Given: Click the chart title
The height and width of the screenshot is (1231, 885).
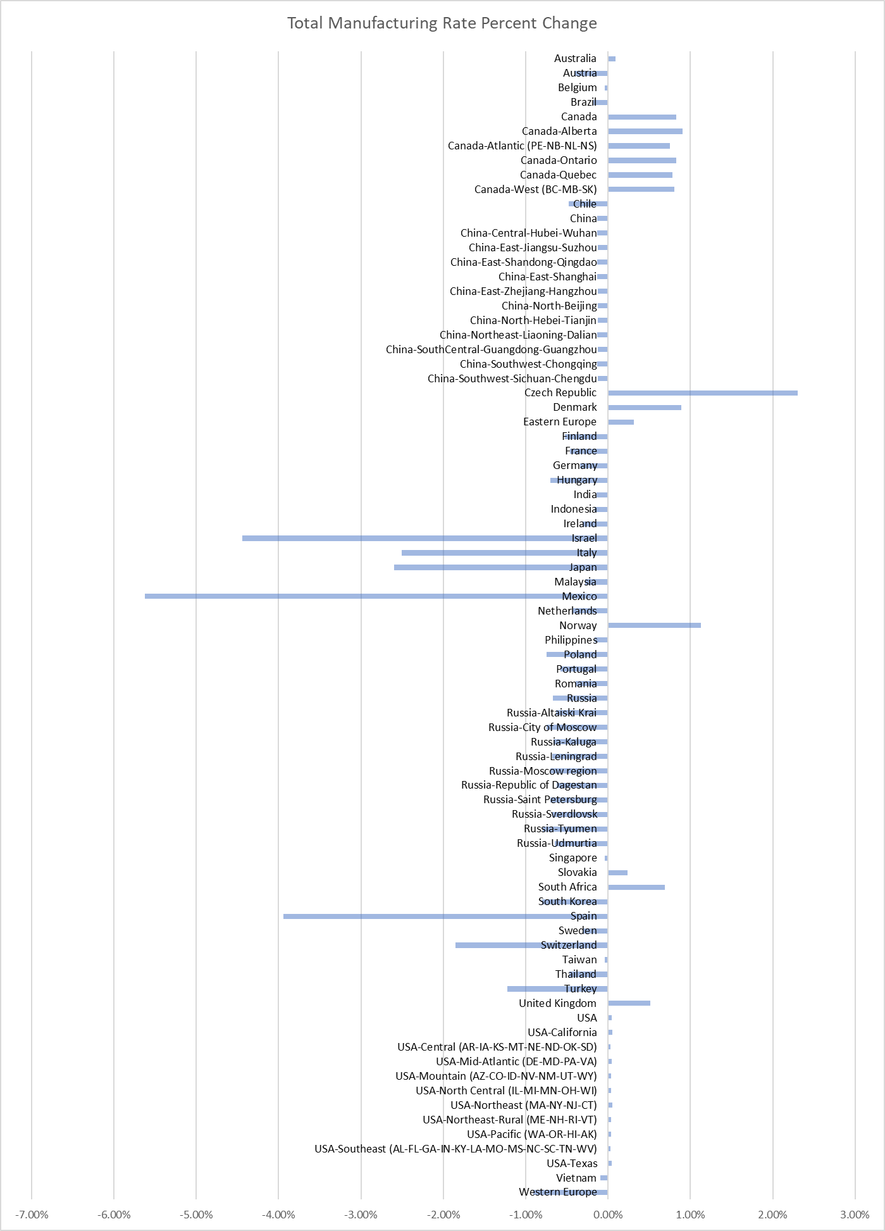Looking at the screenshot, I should coord(442,23).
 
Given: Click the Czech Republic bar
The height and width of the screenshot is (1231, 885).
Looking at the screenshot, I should coord(702,393).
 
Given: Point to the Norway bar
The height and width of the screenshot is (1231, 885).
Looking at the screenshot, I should coord(654,625).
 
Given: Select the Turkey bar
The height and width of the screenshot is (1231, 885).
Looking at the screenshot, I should coord(538,989).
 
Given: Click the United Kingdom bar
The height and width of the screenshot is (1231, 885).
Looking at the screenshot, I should coord(629,1003).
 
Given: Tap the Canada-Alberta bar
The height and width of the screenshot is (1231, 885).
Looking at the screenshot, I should coord(645,131).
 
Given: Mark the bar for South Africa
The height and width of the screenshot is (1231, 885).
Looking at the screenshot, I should coord(636,887).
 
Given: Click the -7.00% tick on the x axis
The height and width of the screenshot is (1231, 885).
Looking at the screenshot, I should coord(32,1215).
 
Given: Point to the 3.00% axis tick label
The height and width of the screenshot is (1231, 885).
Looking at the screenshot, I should coord(855,1215).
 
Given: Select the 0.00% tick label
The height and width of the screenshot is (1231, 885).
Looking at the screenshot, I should coord(608,1215).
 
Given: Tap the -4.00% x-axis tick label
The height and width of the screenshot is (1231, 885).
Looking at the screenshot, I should coord(278,1215).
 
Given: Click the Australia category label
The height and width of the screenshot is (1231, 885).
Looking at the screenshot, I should coord(575,58).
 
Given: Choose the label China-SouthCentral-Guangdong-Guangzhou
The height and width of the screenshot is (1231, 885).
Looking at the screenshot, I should coord(491,349).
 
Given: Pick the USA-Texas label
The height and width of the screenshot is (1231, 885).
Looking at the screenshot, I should coord(572,1163).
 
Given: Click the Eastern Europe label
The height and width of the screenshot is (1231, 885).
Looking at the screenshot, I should coord(560,422).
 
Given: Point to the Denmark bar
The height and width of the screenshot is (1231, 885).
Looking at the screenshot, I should coord(644,408).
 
